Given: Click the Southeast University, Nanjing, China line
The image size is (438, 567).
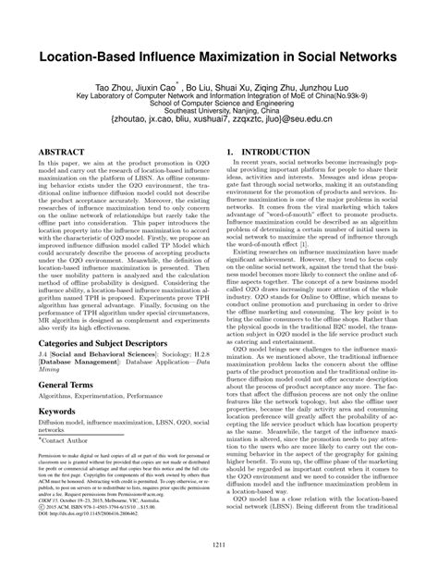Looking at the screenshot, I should [219, 108].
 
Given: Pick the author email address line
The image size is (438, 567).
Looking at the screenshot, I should [219, 120].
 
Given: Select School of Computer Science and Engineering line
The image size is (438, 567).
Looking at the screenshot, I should [219, 100].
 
